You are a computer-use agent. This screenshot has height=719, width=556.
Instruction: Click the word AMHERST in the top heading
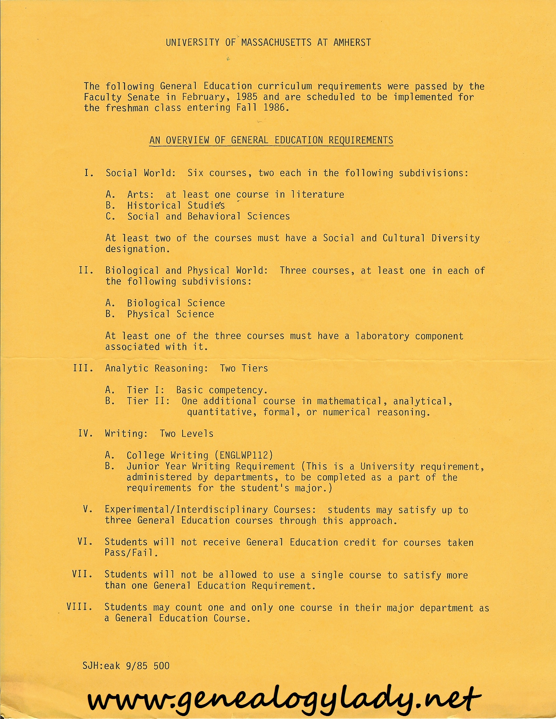(352, 43)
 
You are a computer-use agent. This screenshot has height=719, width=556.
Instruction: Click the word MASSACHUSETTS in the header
(276, 43)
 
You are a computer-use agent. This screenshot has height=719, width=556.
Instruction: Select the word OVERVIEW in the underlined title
(187, 140)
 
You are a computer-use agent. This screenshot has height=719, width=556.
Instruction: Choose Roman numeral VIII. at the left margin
(79, 607)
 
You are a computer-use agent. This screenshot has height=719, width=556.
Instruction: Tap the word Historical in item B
(154, 206)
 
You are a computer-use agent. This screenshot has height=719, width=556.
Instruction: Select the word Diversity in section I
(456, 238)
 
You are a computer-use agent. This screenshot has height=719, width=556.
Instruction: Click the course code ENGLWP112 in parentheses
(243, 455)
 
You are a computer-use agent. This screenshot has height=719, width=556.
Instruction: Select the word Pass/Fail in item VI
(131, 553)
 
